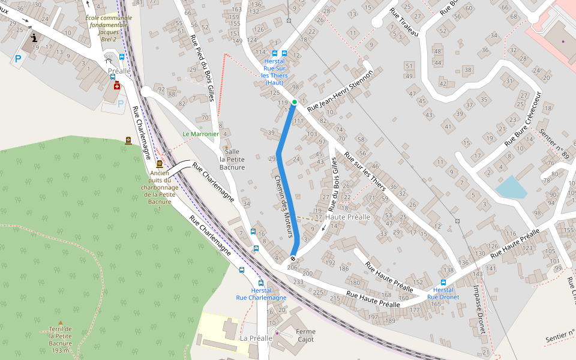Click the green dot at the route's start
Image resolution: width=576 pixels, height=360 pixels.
point(295,102)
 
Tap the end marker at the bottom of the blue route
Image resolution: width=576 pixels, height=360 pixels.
point(293,259)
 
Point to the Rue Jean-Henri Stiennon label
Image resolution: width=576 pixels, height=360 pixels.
point(340,91)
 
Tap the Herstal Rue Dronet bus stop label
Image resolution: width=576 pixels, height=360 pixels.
point(443,293)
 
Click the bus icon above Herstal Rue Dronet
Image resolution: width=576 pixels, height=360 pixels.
point(443,282)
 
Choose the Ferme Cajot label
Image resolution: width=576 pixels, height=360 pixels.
point(305,335)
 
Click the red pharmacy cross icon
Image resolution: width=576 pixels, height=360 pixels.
point(116,86)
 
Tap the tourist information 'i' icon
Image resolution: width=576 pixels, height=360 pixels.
point(34,38)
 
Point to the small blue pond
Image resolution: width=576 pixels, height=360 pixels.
point(511,187)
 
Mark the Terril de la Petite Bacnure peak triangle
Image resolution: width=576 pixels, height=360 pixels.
point(60,322)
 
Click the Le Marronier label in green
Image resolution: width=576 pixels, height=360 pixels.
point(201,134)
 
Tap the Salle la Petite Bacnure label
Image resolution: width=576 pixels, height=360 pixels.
point(232,159)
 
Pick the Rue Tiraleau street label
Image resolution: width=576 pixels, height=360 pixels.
point(404,23)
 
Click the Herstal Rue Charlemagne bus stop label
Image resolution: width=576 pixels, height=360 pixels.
point(261,294)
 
